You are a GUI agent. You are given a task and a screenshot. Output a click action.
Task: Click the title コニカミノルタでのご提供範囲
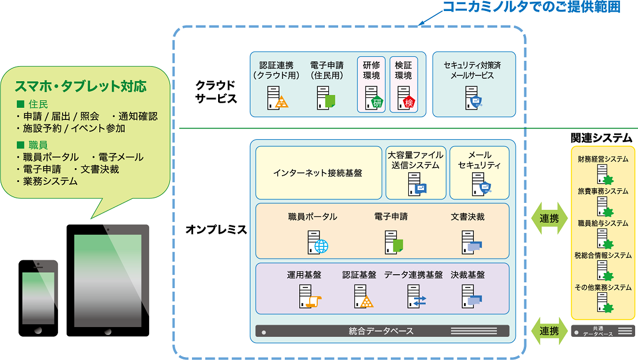[531, 8]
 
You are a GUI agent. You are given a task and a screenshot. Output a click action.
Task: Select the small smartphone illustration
[38, 298]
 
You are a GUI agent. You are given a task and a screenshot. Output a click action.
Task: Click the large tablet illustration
[107, 280]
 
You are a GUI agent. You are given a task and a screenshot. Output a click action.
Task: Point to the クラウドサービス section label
[216, 91]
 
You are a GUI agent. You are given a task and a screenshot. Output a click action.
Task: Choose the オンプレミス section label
[216, 230]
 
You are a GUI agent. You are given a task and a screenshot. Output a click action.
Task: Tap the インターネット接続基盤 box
[318, 173]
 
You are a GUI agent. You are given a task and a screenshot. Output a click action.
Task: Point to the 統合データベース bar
[382, 331]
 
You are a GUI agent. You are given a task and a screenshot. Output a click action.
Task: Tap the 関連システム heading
[601, 137]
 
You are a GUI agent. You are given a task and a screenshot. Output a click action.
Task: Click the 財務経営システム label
[603, 158]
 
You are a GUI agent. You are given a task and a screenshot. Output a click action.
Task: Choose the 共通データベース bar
[602, 331]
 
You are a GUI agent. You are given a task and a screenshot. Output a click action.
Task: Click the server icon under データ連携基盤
[416, 296]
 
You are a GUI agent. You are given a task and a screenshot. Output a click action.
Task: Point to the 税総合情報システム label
[603, 255]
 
